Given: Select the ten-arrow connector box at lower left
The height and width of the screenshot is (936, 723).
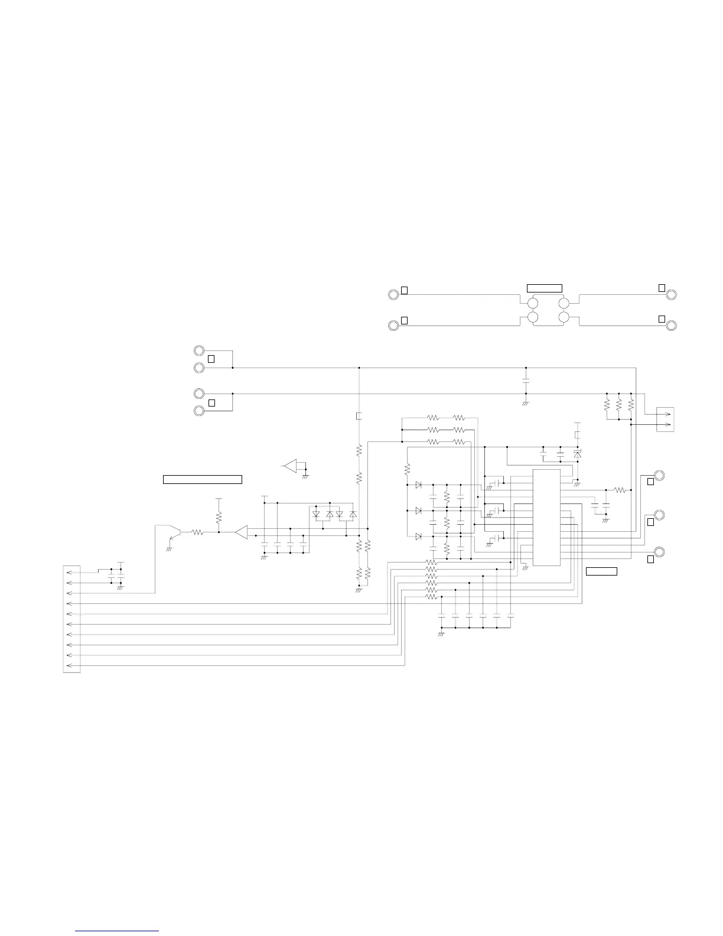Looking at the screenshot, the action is pos(71,619).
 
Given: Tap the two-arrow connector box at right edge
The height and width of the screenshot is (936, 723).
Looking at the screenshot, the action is pos(665,420).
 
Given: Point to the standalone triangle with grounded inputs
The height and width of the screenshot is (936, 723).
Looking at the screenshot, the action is pos(291,466).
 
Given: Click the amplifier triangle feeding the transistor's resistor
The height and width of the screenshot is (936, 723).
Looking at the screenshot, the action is pos(242,532).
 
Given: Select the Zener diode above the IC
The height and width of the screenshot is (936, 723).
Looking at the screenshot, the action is pos(578,454).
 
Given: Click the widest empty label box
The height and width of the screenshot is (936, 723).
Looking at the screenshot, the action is pos(202,479).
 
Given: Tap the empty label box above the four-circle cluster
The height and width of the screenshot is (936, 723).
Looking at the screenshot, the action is pos(544,288).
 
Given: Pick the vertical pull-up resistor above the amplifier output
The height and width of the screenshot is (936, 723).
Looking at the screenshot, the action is pos(219,518).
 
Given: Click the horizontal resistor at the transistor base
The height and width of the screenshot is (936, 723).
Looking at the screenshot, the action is pos(197,532).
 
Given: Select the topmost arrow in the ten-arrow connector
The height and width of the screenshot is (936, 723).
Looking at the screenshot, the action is pos(71,572).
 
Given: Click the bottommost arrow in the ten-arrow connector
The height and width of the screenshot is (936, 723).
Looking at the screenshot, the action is pos(71,666).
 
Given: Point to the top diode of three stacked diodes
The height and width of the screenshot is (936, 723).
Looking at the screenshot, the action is pos(418,485).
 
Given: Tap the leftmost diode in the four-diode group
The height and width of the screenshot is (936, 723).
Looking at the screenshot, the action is pos(316,514).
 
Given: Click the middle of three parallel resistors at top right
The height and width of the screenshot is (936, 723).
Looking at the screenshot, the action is pos(619,405).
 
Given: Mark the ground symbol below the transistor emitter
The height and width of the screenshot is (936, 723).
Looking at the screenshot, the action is pos(170,548).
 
